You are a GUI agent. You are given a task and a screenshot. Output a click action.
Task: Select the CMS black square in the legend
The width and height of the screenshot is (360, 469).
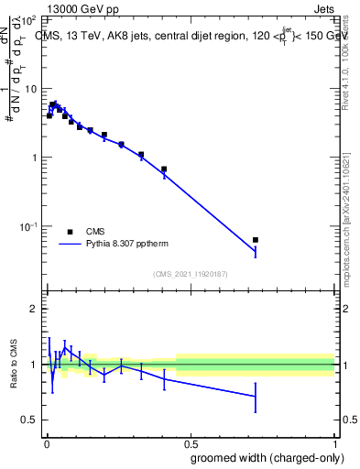tap(70, 232)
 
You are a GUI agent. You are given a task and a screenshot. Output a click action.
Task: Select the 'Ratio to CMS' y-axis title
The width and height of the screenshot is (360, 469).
tap(13, 365)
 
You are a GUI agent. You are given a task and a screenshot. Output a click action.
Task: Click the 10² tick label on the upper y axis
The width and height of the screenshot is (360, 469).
tap(29, 19)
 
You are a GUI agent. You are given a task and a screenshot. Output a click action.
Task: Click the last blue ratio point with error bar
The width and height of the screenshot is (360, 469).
tap(256, 396)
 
